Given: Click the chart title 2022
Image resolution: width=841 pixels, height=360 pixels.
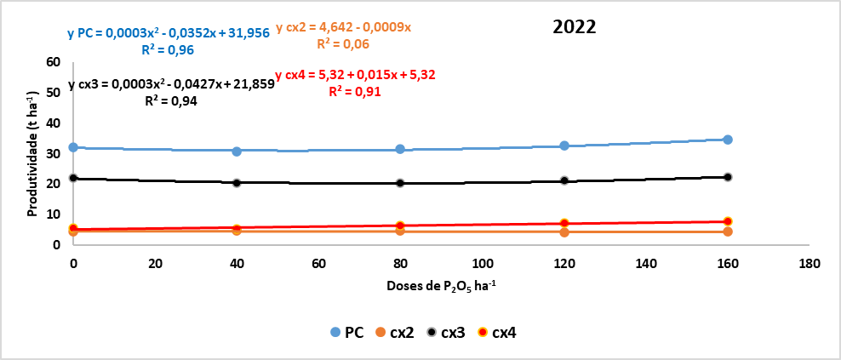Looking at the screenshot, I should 574,26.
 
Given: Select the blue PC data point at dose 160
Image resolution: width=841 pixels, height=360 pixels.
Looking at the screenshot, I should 728,140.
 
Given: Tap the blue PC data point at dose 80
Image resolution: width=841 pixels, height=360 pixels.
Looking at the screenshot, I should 399,149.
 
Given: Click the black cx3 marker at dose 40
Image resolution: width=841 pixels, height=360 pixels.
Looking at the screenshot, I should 237,182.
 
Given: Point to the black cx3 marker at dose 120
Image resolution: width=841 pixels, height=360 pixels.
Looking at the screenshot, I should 564,180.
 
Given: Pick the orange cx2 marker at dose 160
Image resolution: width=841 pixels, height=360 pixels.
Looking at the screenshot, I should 728,231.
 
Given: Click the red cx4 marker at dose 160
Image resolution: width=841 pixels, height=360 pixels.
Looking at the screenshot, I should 728,221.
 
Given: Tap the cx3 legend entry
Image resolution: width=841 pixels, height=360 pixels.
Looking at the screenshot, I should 448,332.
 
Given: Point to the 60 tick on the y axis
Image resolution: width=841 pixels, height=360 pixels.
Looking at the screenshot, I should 53,62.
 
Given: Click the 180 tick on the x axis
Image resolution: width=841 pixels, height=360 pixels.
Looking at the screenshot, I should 810,263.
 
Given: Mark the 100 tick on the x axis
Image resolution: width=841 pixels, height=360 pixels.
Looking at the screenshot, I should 482,263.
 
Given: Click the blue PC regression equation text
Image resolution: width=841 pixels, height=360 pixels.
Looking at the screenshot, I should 169,34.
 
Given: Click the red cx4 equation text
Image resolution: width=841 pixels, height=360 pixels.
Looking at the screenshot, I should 356,75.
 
